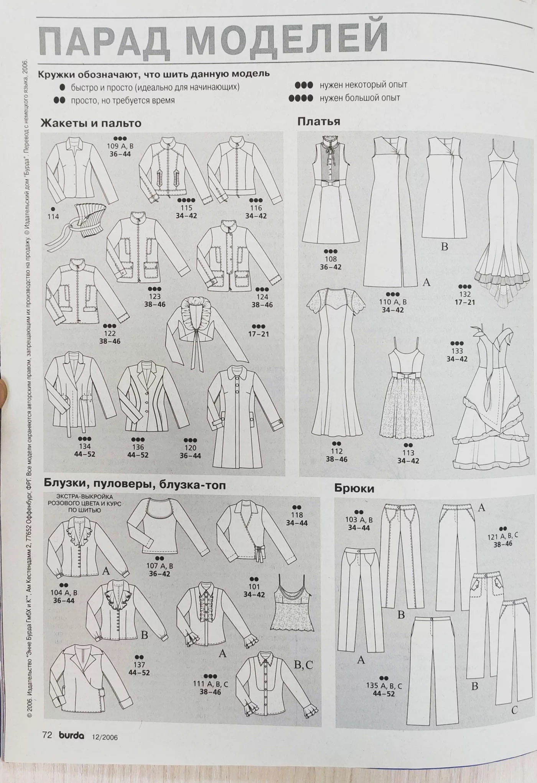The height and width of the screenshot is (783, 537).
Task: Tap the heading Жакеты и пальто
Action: [91, 123]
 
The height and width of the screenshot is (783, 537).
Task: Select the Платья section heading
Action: [319, 121]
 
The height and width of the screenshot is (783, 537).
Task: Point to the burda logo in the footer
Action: [71, 735]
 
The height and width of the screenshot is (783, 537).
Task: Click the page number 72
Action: [47, 735]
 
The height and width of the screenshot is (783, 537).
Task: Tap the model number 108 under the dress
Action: [331, 259]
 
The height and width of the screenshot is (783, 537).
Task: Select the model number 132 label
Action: [465, 294]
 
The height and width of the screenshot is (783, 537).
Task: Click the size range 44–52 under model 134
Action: [84, 454]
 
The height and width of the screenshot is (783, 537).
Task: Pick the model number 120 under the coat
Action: [190, 447]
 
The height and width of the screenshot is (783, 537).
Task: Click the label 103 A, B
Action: [359, 520]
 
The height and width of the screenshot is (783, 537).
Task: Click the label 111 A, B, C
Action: [210, 684]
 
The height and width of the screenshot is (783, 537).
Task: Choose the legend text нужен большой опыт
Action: [360, 98]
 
